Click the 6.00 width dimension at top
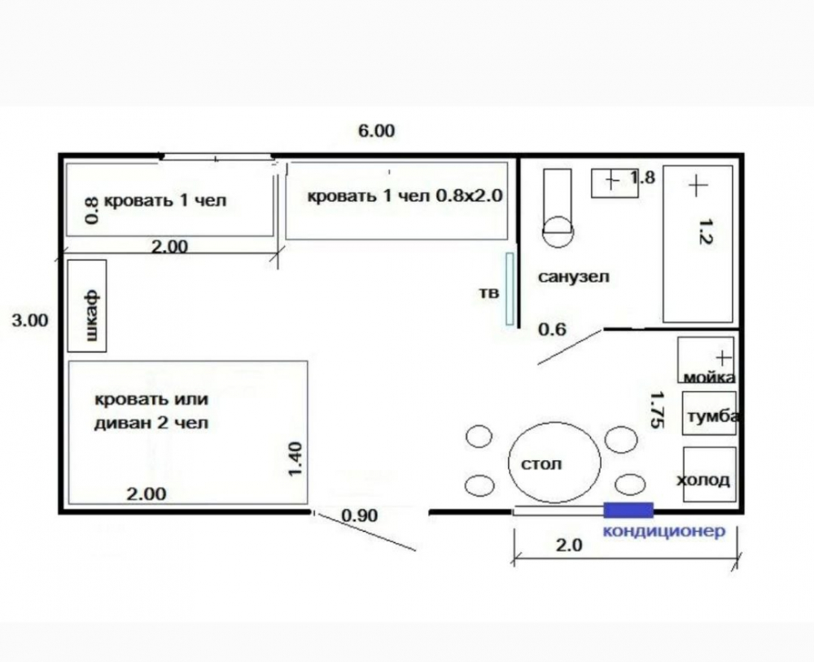pyautogui.click(x=376, y=131)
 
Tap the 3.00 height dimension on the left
pyautogui.click(x=30, y=320)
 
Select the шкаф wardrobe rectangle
pyautogui.click(x=87, y=306)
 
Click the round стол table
pyautogui.click(x=554, y=463)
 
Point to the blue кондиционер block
pyautogui.click(x=628, y=510)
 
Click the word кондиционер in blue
pyautogui.click(x=664, y=531)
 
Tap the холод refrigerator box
pyautogui.click(x=709, y=474)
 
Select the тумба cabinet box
pyautogui.click(x=709, y=414)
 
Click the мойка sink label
pyautogui.click(x=709, y=377)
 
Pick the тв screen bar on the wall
pyautogui.click(x=510, y=289)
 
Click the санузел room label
pyautogui.click(x=574, y=276)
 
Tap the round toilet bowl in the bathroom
pyautogui.click(x=558, y=231)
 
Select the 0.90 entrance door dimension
pyautogui.click(x=360, y=515)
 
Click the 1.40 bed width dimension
pyautogui.click(x=295, y=458)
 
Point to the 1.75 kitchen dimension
pyautogui.click(x=657, y=410)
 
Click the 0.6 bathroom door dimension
pyautogui.click(x=552, y=329)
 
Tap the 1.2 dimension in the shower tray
pyautogui.click(x=707, y=231)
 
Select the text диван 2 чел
pyautogui.click(x=151, y=423)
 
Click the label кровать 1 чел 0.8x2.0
pyautogui.click(x=405, y=196)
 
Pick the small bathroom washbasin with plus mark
pyautogui.click(x=615, y=182)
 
